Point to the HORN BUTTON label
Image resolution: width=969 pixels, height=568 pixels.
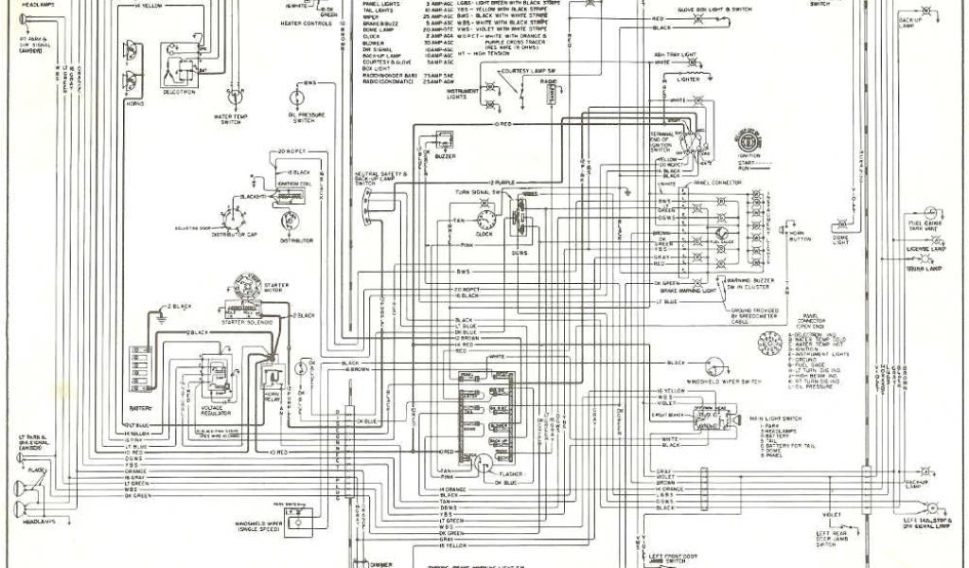tap(800, 236)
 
